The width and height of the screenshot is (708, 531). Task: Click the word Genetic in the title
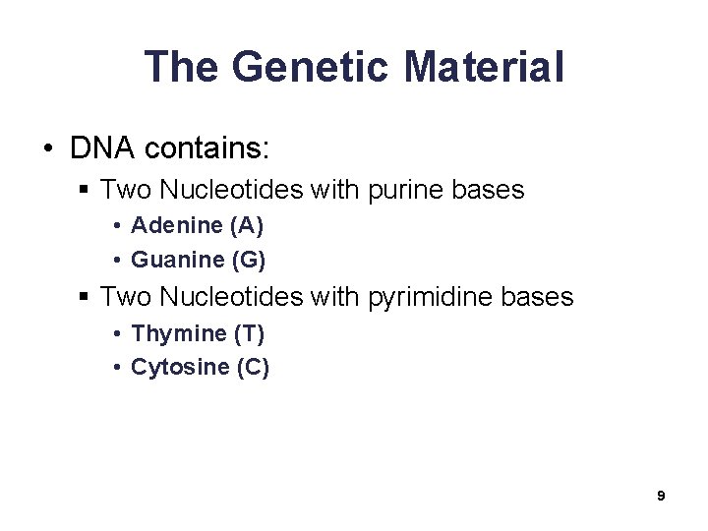tap(312, 67)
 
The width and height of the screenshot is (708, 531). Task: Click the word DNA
tap(103, 148)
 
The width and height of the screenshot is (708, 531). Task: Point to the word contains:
tap(206, 148)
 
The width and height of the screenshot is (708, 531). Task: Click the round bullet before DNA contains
tap(48, 149)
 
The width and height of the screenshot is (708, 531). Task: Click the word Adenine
tap(177, 225)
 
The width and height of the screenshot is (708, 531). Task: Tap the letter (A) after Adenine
tap(246, 225)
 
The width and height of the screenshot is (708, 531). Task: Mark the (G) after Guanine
tap(249, 260)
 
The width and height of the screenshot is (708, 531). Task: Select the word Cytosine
tap(181, 368)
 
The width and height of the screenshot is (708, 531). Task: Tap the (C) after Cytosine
tap(253, 368)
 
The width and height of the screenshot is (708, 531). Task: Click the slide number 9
tap(661, 496)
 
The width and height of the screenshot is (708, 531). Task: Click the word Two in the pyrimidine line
tap(126, 296)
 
